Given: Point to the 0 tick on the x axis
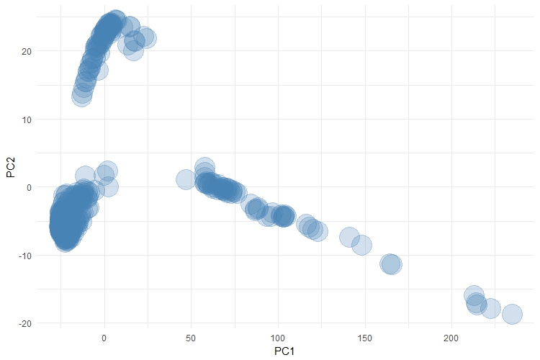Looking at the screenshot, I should point(104,338).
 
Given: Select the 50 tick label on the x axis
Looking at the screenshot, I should point(191,338).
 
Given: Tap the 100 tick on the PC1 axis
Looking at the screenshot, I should point(278,338).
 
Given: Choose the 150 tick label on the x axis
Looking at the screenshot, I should point(364,338).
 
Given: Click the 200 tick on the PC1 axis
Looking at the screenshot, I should point(451,338).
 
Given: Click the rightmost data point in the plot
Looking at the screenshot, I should point(512,314).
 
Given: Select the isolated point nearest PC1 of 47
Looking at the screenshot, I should point(186,179).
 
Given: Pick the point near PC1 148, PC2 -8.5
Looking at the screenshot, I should point(361,245).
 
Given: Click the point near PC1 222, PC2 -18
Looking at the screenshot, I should point(490,308).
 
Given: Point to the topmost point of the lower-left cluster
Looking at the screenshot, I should point(107,171).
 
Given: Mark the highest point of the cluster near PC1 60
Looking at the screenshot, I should point(204,167).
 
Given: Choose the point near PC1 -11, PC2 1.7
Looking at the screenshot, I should point(85,175).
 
